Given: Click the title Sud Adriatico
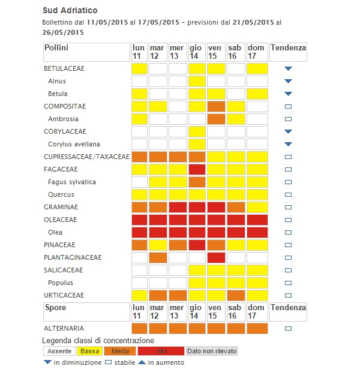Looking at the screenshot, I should pos(70,11).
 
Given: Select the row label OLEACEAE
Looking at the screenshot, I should pos(61,220).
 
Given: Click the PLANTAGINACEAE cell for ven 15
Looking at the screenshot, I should pos(215,257).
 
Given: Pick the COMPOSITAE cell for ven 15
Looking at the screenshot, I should pos(215,106).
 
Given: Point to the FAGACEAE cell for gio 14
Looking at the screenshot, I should pos(197,169).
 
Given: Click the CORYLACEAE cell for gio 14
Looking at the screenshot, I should pos(197,131).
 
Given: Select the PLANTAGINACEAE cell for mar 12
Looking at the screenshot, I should pos(158,257).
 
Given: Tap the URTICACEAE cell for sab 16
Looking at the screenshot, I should pos(236,295).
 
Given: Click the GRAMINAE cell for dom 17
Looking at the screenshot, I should pos(256,207).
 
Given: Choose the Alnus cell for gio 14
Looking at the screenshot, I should pos(197,81).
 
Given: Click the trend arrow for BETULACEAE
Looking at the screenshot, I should pos(288,68).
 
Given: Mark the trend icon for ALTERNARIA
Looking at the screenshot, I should pos(288,328).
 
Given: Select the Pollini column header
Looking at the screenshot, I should pos(86,52).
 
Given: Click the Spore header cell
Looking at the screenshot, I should pos(86,311).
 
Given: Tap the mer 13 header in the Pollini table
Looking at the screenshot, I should pos(177,52).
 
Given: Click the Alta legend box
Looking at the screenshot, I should pos(161,351).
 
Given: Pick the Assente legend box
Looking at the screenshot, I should pos(59,351).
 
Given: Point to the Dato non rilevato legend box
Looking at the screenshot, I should pos(212,351).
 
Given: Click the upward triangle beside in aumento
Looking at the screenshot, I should pos(142,362).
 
